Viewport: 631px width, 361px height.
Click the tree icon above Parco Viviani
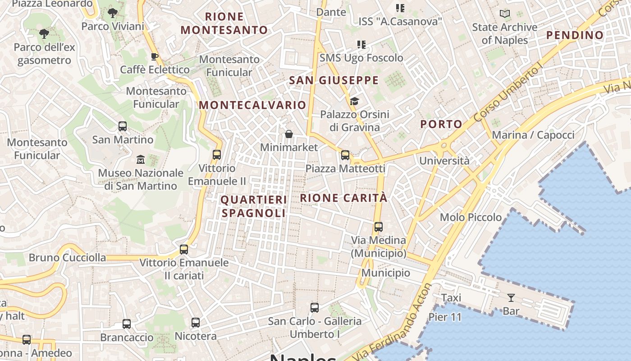[113, 13]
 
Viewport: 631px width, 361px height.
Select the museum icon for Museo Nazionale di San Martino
[141, 159]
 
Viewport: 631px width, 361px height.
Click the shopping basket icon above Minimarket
[289, 134]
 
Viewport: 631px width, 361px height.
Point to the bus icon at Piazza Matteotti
[345, 155]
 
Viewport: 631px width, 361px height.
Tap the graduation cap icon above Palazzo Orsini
[354, 101]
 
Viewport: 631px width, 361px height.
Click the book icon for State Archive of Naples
[505, 14]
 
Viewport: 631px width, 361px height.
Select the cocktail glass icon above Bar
[511, 297]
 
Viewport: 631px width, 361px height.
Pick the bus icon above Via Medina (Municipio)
[379, 227]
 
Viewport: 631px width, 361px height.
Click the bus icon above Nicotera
[196, 323]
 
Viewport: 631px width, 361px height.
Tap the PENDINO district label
[575, 35]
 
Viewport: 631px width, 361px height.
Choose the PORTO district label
[441, 124]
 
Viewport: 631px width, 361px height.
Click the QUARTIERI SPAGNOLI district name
[254, 206]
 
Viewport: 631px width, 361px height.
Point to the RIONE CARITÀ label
[343, 198]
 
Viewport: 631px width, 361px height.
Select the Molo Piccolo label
[471, 218]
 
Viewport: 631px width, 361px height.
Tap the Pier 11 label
[445, 317]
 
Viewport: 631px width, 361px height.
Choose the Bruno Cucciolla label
[68, 258]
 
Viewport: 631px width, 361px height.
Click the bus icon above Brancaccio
[127, 324]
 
